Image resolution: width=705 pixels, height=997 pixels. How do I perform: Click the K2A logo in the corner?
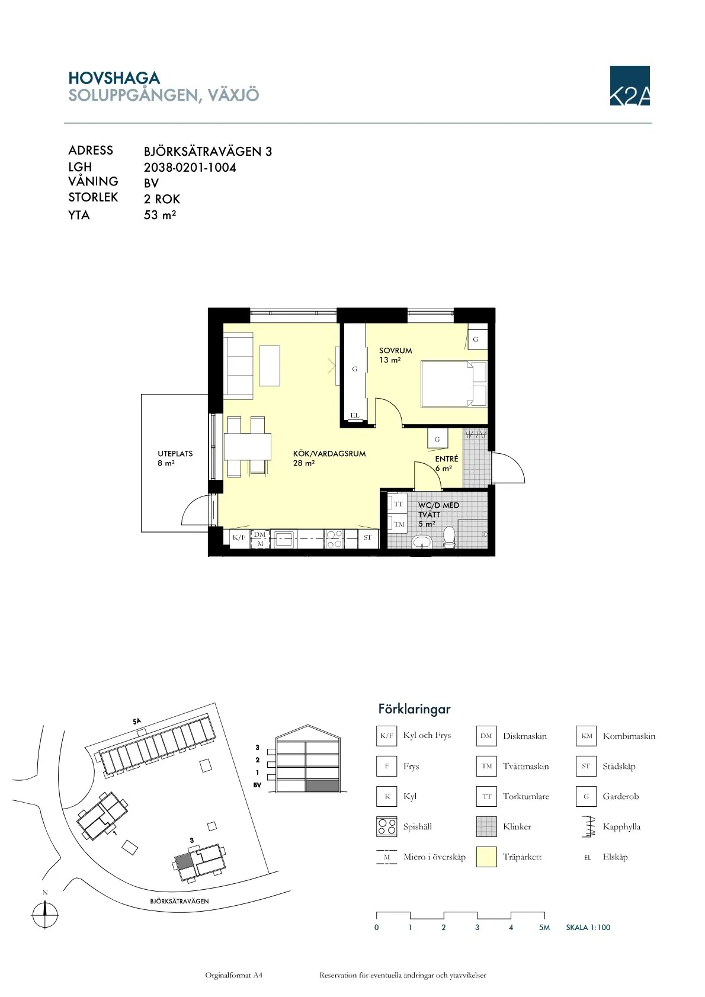[629, 86]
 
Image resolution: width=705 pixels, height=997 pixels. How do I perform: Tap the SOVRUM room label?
[395, 351]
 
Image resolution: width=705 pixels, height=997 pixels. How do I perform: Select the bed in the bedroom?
[454, 384]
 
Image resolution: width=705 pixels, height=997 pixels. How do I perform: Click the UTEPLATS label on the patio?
[175, 454]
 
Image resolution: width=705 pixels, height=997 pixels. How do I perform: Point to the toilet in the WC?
[449, 537]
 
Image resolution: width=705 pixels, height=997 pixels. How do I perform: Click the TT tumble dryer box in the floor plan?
[398, 504]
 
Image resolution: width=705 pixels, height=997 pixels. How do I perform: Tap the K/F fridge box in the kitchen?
[239, 537]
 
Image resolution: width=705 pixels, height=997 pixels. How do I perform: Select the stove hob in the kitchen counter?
[334, 538]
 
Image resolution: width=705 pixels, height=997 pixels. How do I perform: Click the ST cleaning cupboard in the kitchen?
[368, 538]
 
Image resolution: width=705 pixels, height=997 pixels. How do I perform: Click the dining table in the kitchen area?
[248, 447]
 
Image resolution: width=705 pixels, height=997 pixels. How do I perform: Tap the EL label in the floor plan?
[355, 415]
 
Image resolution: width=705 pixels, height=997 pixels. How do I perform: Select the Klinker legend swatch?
[486, 826]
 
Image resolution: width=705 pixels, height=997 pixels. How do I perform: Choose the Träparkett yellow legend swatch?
[486, 857]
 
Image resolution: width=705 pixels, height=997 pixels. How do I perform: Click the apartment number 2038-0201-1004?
[190, 168]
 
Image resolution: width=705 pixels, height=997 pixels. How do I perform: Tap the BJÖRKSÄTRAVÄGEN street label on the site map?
[180, 901]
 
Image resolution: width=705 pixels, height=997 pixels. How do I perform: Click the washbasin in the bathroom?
[421, 542]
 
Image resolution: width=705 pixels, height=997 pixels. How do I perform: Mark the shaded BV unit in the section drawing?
[323, 786]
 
